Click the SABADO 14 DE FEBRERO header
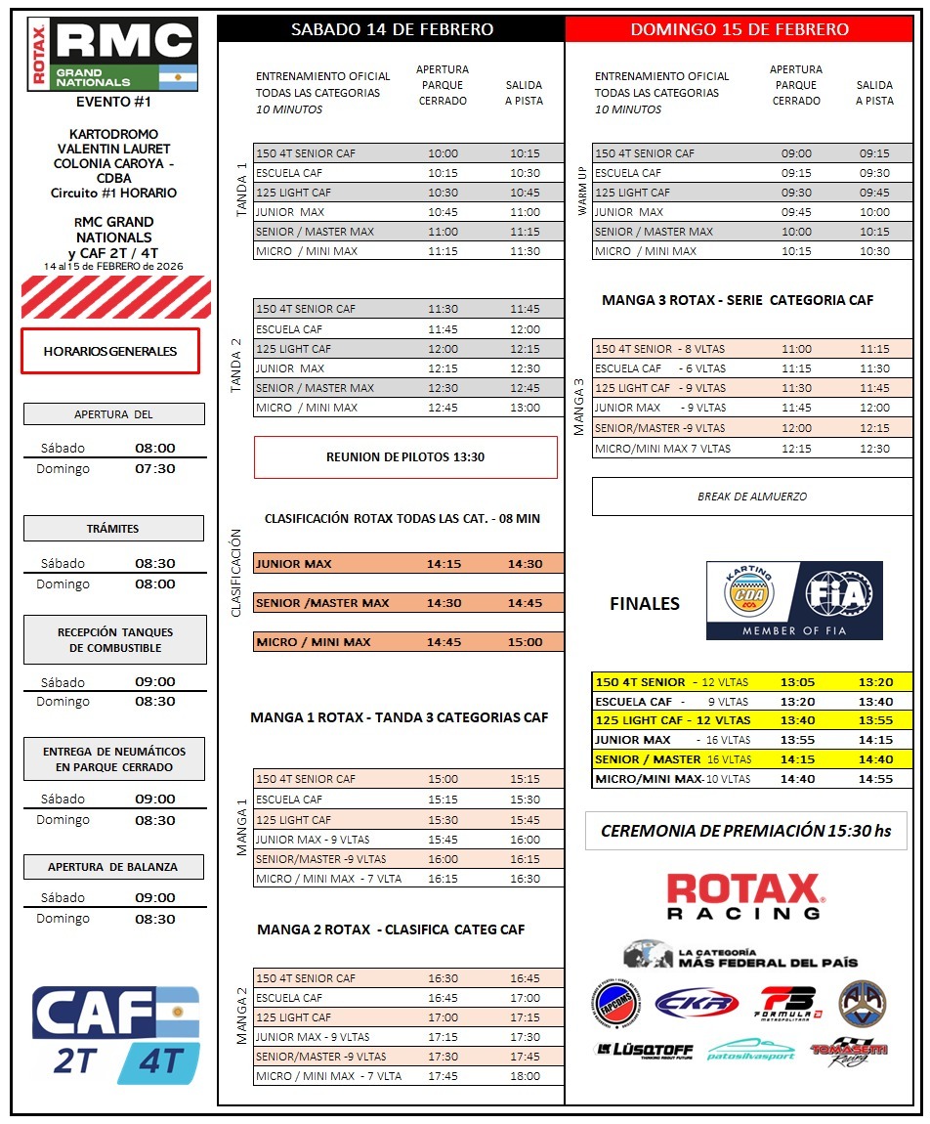pos(392,29)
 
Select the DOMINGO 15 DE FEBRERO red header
pos(740,29)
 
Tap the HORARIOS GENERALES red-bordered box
pos(110,351)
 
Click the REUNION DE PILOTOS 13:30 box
pos(405,457)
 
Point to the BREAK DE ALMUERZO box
pos(752,497)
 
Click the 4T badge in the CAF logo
pos(160,1061)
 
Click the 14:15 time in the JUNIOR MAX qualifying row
pos(444,564)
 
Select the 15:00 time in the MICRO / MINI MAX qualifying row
pos(525,642)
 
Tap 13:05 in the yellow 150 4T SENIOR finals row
pos(797,682)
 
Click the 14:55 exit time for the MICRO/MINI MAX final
pos(875,779)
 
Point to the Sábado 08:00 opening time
pos(154,449)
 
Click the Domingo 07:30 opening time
pos(154,469)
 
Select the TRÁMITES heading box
pos(113,529)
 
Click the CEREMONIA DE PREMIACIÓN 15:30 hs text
pos(745,831)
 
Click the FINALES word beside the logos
pos(645,604)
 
